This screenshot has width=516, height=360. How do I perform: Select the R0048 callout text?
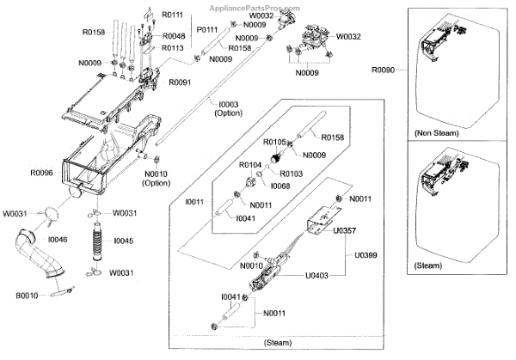pyautogui.click(x=175, y=35)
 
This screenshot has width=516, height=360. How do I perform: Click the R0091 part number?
pyautogui.click(x=180, y=82)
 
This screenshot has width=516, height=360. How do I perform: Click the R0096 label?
pyautogui.click(x=42, y=173)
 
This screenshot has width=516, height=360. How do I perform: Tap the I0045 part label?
pyautogui.click(x=124, y=241)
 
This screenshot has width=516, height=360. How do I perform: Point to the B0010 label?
pyautogui.click(x=25, y=295)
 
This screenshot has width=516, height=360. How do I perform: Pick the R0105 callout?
pyautogui.click(x=274, y=142)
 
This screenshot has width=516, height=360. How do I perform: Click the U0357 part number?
pyautogui.click(x=345, y=230)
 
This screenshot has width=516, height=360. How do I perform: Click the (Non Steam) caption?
pyautogui.click(x=436, y=133)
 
